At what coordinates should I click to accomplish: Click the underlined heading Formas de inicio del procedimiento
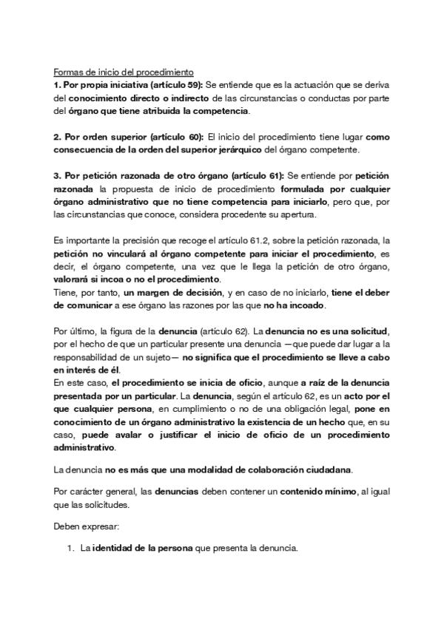pos(123,72)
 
